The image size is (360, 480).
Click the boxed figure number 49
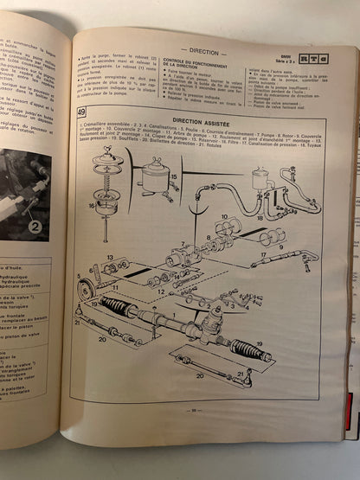point(80,112)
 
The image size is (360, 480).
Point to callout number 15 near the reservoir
point(174,178)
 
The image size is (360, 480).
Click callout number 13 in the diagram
point(110,257)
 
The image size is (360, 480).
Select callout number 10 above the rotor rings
point(223,219)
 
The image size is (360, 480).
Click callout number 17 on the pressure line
point(261,257)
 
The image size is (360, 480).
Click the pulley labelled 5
point(87,289)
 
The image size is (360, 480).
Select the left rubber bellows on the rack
point(117,307)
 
